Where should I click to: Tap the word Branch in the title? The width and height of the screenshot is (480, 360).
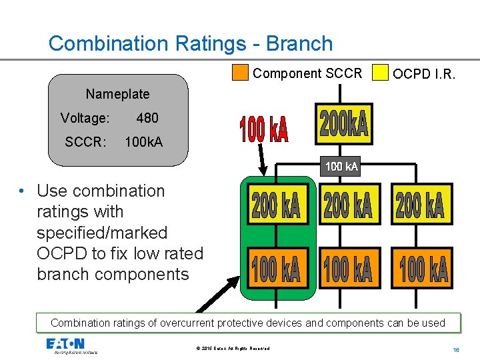point(299,43)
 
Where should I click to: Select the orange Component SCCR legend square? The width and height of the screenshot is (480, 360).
point(240,73)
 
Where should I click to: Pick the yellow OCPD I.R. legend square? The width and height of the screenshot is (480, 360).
point(380,73)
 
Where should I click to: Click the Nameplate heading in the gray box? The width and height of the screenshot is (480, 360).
point(117,94)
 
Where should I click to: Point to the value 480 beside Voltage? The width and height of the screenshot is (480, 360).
point(147,118)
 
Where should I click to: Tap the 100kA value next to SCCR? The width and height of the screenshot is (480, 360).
point(143,142)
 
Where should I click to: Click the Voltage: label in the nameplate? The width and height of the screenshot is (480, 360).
point(85,118)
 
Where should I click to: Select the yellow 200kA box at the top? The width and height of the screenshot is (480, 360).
point(343,124)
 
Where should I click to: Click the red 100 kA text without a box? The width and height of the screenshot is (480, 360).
point(264,130)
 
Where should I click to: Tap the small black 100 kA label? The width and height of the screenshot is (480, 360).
point(341,167)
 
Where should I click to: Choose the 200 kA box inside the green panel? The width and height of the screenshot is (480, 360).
point(276,205)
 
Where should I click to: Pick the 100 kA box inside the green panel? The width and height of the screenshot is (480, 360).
point(276,268)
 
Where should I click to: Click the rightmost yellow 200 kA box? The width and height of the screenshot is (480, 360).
point(419,203)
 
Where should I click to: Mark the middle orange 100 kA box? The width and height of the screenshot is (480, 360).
point(347,268)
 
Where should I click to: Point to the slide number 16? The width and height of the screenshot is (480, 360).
point(457,349)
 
